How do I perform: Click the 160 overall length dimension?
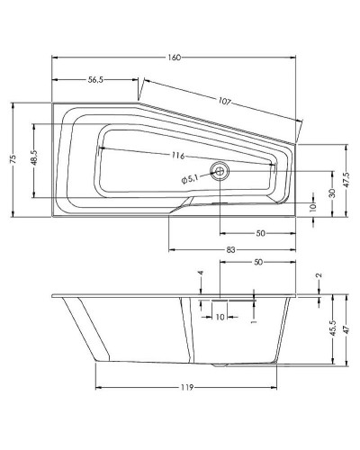[175, 58]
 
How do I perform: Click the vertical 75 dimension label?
[13, 158]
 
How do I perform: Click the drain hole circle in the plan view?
[220, 169]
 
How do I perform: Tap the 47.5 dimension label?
[346, 178]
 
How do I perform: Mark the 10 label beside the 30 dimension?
[312, 207]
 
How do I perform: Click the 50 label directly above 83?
[260, 232]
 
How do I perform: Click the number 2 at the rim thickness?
[319, 274]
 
